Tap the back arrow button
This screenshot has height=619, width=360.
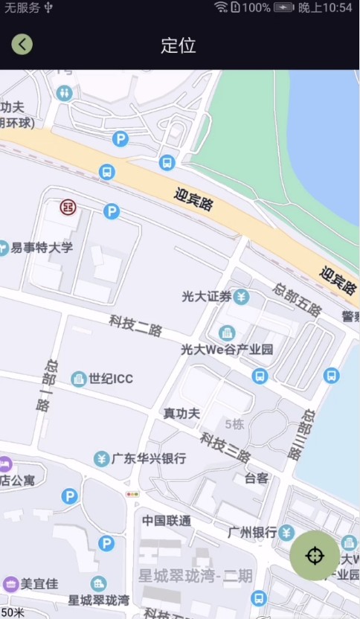coord(22,44)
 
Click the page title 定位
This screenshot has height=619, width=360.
coord(179,45)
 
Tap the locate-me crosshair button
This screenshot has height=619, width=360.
coord(315,555)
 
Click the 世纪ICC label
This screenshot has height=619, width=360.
coord(111,379)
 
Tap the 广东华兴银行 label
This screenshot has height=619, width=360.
coord(149,458)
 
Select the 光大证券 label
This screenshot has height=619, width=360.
coord(208,297)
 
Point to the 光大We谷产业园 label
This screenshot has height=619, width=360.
coord(227,349)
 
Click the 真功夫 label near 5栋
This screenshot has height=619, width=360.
coord(181,414)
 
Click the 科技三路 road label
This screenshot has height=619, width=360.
coord(225,446)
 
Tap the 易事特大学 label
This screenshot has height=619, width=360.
coord(42,248)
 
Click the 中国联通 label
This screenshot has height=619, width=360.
coord(167,521)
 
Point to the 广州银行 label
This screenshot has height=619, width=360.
coord(252,532)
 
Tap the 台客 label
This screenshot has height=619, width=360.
coord(256,478)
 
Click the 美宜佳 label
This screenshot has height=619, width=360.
coord(39,584)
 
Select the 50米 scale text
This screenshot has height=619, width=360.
coord(13,612)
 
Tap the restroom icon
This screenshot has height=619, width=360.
coord(65,93)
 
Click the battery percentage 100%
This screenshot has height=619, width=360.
coord(256,7)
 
